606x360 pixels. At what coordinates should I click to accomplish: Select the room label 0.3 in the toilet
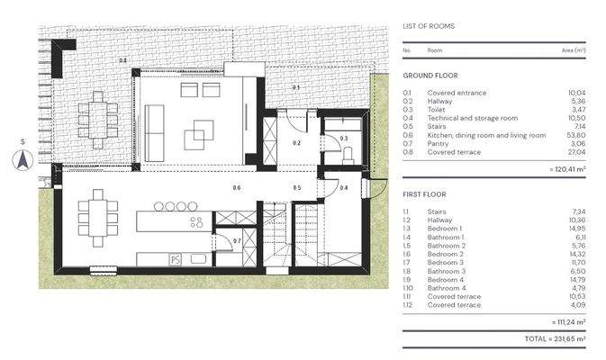point(343,138)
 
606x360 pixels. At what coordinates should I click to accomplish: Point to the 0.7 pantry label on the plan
point(237,240)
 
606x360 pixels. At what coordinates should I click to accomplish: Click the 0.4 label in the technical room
point(344,187)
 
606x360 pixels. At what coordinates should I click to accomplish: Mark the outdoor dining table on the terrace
point(97,117)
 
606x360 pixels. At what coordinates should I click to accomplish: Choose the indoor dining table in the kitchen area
point(97,216)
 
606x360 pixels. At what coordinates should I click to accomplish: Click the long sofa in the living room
point(156,120)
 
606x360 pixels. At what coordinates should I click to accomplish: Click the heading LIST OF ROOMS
point(429,26)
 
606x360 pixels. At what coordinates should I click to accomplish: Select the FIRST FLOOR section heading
point(426,193)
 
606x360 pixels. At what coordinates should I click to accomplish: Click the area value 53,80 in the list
point(573,135)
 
